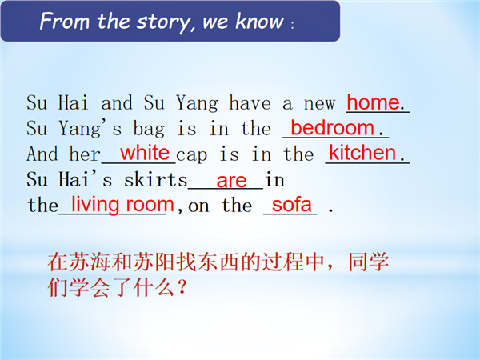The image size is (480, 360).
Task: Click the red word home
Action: (x=373, y=102)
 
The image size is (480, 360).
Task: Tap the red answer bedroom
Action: (x=332, y=128)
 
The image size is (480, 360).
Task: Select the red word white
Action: (x=145, y=153)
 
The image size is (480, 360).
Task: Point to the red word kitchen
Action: (x=362, y=153)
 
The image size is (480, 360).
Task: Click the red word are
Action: (x=231, y=181)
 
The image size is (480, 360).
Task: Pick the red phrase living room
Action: (x=122, y=205)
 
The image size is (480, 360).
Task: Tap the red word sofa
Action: (x=291, y=205)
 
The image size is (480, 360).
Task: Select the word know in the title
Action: (x=259, y=21)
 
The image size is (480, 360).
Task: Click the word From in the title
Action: (x=64, y=21)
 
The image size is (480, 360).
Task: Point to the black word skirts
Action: (x=155, y=179)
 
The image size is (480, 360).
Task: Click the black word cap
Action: (x=192, y=155)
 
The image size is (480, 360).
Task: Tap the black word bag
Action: (x=149, y=129)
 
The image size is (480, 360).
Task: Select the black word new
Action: (x=319, y=104)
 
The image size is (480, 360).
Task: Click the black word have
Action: (x=250, y=102)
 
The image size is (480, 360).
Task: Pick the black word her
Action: (x=85, y=154)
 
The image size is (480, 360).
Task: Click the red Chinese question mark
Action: (x=182, y=288)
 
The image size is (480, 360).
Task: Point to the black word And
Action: (x=42, y=154)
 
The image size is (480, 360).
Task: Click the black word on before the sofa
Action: (x=198, y=206)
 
